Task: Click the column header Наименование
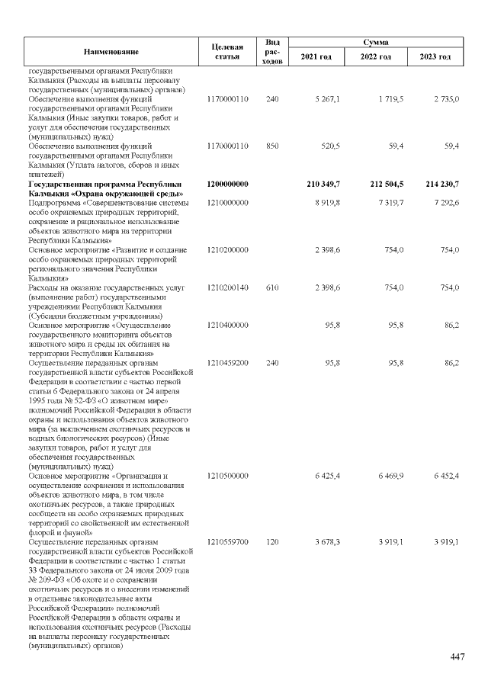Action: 111,51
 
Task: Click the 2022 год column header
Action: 375,57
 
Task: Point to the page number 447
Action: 457,657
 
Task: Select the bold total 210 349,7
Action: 323,185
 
